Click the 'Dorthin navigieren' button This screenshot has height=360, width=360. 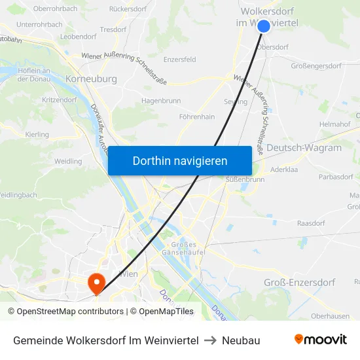pos(180,160)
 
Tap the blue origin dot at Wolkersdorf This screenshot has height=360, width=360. pos(264,26)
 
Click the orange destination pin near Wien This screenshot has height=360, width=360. pos(97,283)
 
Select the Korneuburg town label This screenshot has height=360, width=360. pos(91,79)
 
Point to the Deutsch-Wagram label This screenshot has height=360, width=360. pos(304,148)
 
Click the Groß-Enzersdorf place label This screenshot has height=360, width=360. pos(299,282)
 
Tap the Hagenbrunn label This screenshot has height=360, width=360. pos(161,101)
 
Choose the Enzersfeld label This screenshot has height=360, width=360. pos(179,60)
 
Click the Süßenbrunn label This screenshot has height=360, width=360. pos(245,179)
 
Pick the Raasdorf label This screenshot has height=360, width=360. pos(311,223)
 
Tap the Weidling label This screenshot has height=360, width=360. pos(69,161)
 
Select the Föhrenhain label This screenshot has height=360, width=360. pos(197,117)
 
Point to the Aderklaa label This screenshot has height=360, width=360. pos(284,169)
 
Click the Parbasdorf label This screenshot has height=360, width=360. pos(336,176)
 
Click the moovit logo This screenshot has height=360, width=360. pos(320,340)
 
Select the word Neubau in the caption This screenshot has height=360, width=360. pos(241,340)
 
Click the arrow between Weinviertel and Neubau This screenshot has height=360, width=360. pos(210,340)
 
